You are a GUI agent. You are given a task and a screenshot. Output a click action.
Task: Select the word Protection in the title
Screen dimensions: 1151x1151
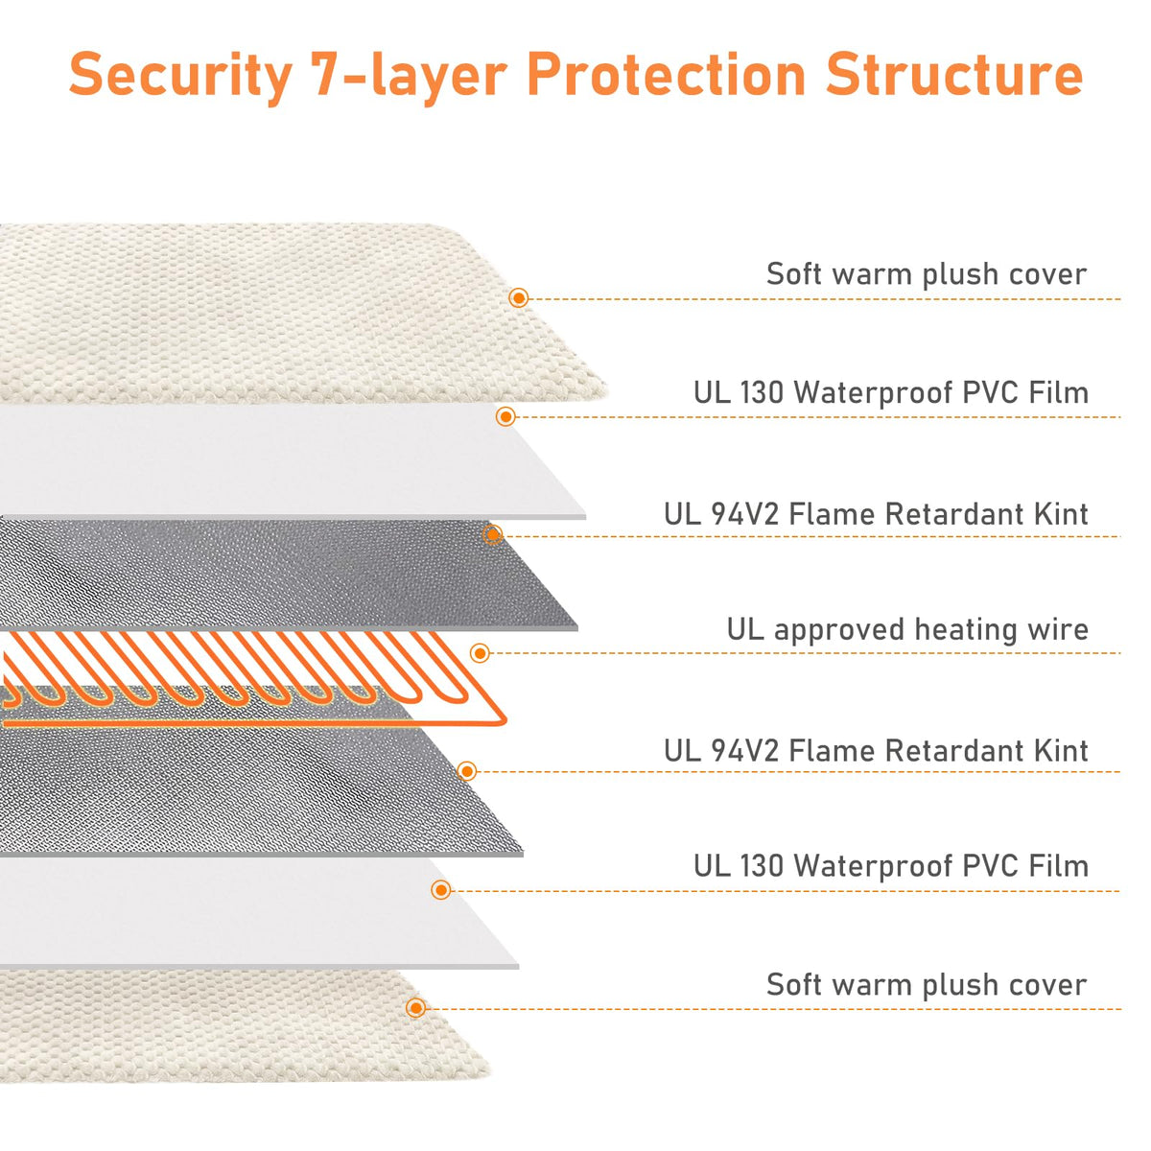(x=666, y=74)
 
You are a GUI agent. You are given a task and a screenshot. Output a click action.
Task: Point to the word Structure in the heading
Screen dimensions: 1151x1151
(x=953, y=74)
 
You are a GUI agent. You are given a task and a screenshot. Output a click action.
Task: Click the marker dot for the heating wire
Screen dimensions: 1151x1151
(x=480, y=653)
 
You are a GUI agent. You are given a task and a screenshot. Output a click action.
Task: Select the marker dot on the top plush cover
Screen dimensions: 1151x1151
(x=519, y=297)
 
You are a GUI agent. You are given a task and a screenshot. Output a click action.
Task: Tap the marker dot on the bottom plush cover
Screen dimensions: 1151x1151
(x=415, y=1008)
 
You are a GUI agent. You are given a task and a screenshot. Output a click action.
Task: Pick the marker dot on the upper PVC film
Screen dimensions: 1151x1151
(x=505, y=416)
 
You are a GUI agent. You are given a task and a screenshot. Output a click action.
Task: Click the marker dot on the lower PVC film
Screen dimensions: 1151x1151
(x=441, y=890)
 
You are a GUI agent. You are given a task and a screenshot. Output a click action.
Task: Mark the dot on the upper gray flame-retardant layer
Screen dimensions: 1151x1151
(x=492, y=534)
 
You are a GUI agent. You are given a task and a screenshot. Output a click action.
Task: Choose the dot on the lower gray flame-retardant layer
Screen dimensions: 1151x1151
(x=466, y=771)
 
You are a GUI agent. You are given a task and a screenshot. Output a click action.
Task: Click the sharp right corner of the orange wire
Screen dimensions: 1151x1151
(x=505, y=722)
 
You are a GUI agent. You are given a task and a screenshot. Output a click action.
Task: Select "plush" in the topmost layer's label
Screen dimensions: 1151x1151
(x=960, y=274)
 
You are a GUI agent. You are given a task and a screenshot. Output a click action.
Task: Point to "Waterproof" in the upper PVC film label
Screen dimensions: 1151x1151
(x=873, y=394)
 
